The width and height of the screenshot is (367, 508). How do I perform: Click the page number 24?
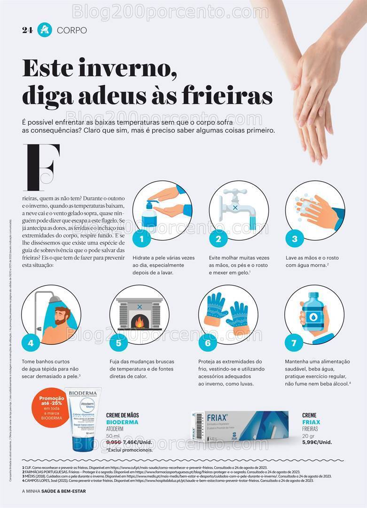click(x=27, y=30)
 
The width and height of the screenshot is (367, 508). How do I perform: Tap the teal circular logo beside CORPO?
click(x=45, y=30)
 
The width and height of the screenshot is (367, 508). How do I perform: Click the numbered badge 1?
click(x=141, y=239)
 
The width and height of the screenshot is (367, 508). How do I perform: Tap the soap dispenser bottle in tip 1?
click(x=149, y=217)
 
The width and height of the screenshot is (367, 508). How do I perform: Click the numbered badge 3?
click(x=295, y=239)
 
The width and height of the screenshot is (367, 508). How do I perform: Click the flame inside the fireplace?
click(x=140, y=322)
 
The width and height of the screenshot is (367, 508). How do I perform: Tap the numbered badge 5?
click(x=118, y=343)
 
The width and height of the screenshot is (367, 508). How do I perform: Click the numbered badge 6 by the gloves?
click(x=208, y=343)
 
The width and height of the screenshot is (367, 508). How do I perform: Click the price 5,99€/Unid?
click(x=317, y=442)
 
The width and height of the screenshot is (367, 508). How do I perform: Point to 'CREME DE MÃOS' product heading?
click(x=122, y=415)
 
